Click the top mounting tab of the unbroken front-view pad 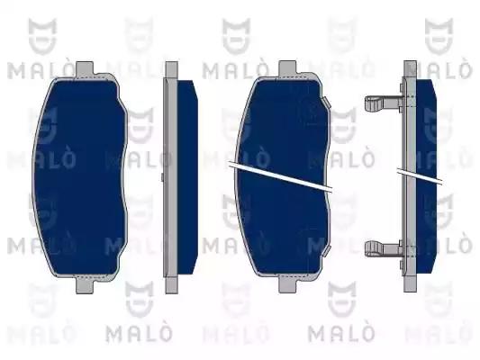(x=84, y=69)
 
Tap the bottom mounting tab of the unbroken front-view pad (x=85, y=284)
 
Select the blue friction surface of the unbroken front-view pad (x=79, y=177)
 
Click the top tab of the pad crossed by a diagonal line (x=287, y=68)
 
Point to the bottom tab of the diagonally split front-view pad (x=287, y=283)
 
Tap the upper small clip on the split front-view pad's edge (x=326, y=102)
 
